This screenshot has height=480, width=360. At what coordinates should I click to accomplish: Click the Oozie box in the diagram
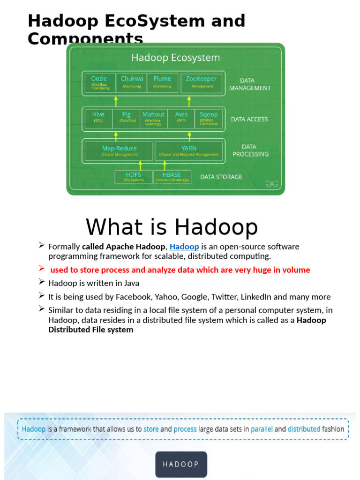(100, 82)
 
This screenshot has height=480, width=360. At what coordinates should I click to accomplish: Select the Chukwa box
(132, 82)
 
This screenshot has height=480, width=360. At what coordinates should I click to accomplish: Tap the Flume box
(162, 82)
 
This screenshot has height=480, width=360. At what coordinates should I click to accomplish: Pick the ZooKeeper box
(202, 82)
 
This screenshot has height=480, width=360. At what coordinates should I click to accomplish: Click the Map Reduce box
(119, 151)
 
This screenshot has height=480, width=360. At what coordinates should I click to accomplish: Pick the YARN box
(188, 151)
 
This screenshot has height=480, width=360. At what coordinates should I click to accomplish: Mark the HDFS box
(133, 177)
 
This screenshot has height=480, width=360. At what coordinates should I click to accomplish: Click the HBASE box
(172, 177)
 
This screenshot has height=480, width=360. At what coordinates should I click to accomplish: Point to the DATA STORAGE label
(221, 177)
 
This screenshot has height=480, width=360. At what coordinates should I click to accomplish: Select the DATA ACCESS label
(249, 120)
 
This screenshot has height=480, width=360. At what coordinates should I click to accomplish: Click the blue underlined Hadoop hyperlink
(184, 247)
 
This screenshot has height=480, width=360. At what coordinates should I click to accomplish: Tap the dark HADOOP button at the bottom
(181, 464)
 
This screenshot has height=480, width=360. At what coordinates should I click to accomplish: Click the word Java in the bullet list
(131, 283)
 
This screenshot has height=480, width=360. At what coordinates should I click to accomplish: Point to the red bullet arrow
(42, 268)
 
